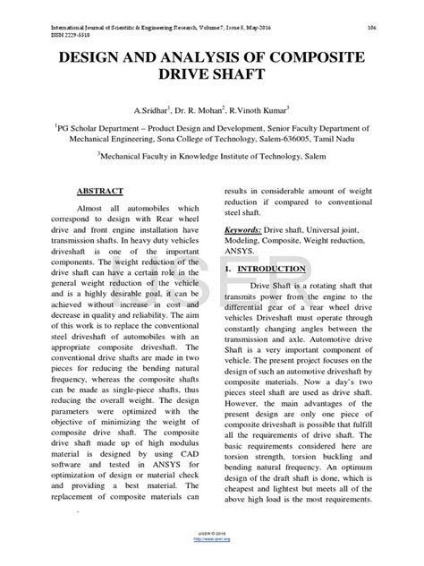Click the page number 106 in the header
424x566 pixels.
[370, 28]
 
